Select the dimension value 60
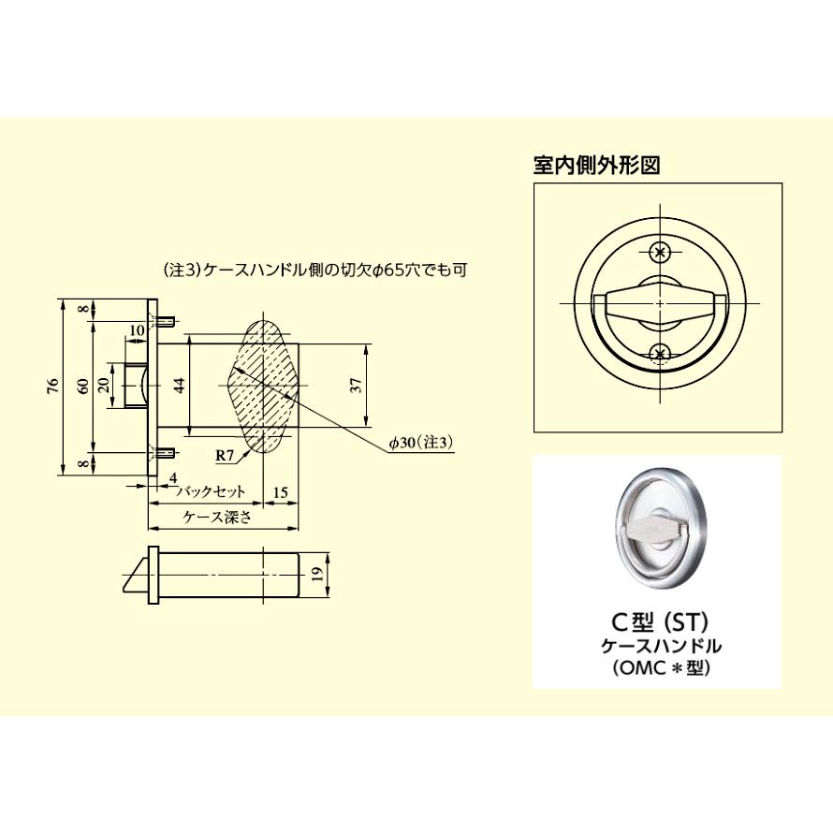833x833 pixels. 83,385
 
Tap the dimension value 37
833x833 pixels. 355,385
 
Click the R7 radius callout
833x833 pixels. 225,456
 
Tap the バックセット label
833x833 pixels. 212,490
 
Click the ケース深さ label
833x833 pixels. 217,519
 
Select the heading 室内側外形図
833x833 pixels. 596,166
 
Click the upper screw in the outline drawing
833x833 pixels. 661,252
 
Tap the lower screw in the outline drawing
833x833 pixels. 661,353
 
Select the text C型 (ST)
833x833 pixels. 656,621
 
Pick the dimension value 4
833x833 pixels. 174,478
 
